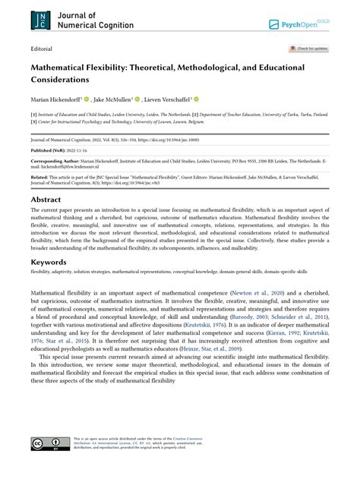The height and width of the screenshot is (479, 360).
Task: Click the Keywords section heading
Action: coord(48,261)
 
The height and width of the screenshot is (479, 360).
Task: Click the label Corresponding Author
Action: coord(55,162)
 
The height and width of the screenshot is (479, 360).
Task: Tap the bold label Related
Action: coord(41,177)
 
